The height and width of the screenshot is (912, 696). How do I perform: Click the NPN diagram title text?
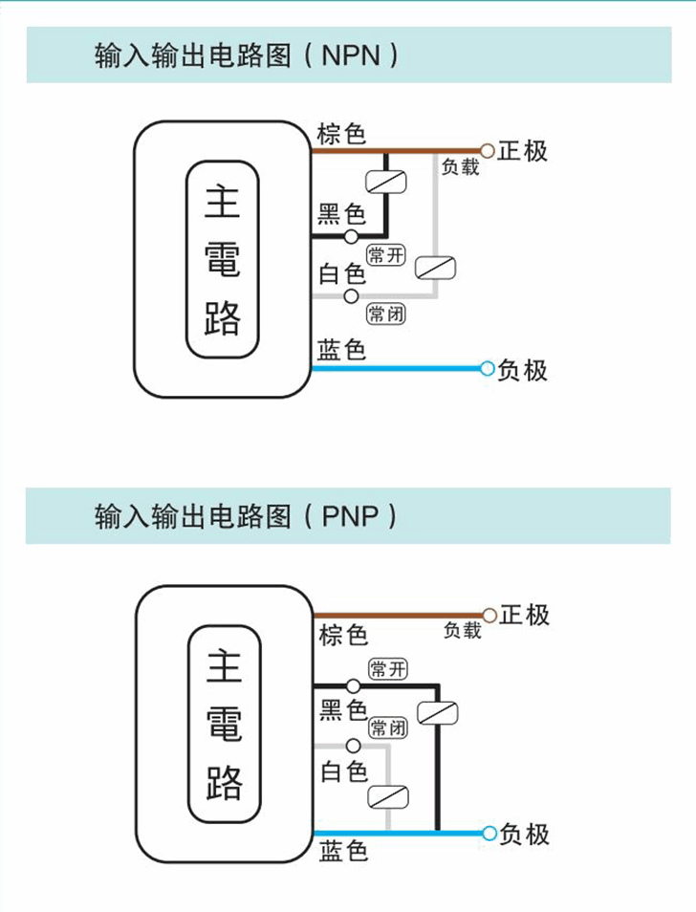click(x=246, y=54)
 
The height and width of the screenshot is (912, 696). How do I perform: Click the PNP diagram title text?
click(x=246, y=517)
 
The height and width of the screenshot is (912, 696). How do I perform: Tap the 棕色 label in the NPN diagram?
click(x=341, y=134)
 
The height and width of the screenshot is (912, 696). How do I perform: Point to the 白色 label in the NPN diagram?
click(x=341, y=274)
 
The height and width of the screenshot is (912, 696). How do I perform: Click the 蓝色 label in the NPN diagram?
click(x=341, y=351)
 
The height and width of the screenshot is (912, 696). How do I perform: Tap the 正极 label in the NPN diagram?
click(x=523, y=151)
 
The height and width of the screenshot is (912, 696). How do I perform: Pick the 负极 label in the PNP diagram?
click(x=524, y=835)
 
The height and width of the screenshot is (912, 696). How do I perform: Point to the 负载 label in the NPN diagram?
click(x=460, y=167)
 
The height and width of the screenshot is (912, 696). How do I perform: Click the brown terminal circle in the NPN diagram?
click(x=488, y=151)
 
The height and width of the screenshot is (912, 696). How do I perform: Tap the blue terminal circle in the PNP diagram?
click(x=489, y=834)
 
